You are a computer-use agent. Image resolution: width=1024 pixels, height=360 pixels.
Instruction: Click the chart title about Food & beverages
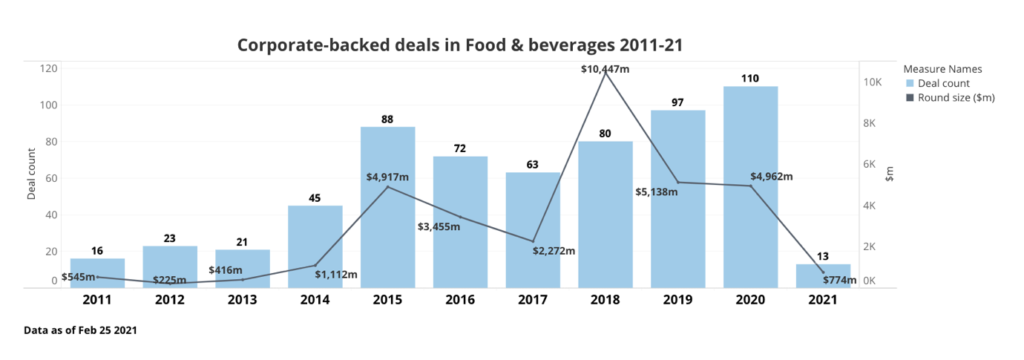(x=459, y=45)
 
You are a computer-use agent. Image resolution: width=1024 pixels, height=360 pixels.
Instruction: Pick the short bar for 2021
(x=823, y=276)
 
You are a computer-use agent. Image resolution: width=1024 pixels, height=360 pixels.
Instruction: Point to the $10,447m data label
(x=605, y=69)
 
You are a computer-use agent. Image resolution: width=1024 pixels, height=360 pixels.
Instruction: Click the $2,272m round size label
(x=554, y=251)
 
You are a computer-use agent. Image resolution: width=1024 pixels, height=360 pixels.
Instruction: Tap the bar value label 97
(x=677, y=102)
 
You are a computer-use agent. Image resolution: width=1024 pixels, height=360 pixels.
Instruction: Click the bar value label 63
(x=532, y=165)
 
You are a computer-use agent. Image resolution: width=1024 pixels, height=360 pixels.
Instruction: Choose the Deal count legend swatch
(x=910, y=83)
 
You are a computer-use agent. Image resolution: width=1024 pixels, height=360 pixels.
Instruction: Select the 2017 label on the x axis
(x=532, y=300)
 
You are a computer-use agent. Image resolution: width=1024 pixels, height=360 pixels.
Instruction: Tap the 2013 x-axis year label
(x=243, y=300)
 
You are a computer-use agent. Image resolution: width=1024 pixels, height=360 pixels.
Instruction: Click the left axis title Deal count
(x=31, y=174)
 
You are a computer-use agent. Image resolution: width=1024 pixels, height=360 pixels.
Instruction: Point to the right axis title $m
(x=890, y=174)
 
